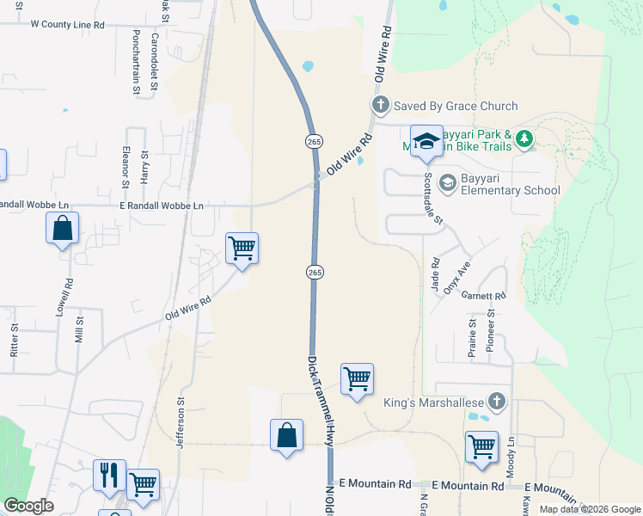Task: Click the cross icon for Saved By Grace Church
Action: pos(381,106)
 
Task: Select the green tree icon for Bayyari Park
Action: pos(524,138)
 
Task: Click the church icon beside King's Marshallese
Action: pos(496,401)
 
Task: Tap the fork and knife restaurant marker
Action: pos(109,475)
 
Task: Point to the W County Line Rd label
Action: pos(67,25)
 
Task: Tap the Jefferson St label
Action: pos(181,422)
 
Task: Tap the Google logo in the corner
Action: pos(28,506)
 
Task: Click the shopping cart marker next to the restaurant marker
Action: pos(143,484)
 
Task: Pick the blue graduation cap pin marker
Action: pos(426,141)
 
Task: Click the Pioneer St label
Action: pos(493,328)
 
